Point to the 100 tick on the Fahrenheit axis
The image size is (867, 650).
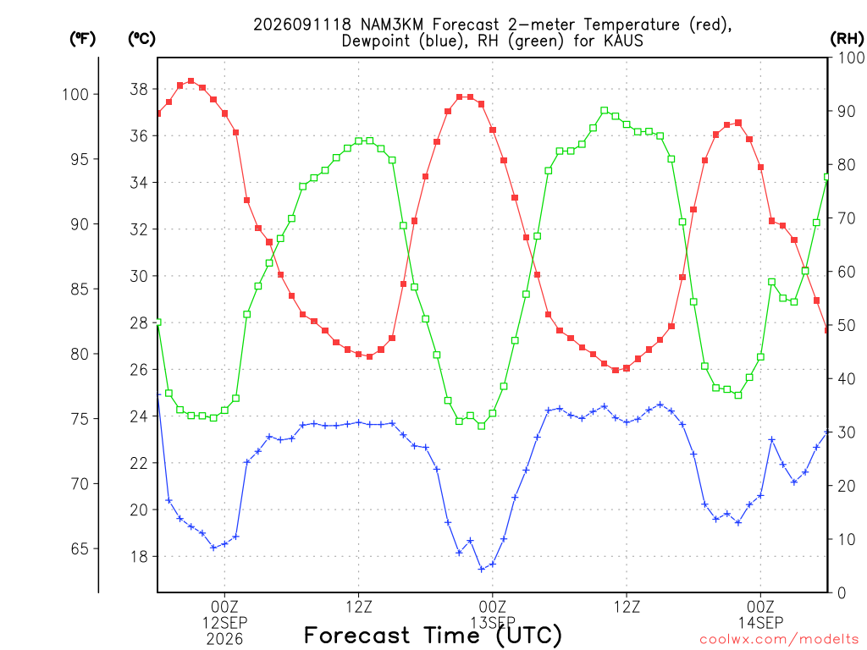(x=75, y=95)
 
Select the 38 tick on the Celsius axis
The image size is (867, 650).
(x=139, y=89)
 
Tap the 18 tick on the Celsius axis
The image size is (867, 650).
(x=139, y=557)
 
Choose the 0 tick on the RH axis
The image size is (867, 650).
(x=842, y=593)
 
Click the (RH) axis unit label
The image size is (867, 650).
(x=847, y=39)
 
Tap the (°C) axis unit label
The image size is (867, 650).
(x=141, y=39)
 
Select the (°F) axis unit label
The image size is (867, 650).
(x=82, y=39)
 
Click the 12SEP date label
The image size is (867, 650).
(x=224, y=623)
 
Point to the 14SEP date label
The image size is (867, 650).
(x=761, y=623)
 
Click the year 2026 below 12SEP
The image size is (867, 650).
(x=224, y=640)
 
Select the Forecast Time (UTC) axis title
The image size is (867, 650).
(x=433, y=636)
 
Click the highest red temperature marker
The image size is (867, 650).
(x=191, y=80)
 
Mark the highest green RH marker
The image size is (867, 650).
(x=605, y=111)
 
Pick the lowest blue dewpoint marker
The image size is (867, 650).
(x=482, y=569)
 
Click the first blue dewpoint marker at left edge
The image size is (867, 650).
(x=158, y=394)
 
